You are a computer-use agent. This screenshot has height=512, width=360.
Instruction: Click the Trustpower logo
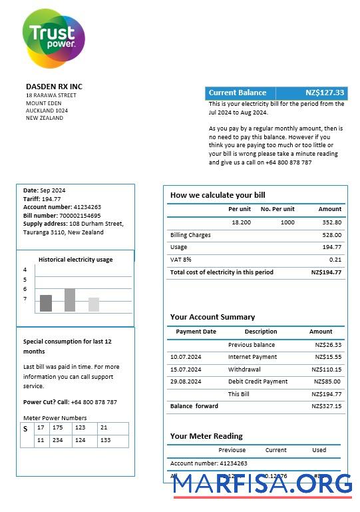[53, 37]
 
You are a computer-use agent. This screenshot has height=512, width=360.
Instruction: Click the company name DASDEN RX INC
[54, 87]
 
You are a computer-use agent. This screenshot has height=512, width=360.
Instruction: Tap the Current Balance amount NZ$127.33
[325, 93]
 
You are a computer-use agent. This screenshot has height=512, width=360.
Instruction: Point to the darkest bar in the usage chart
[46, 303]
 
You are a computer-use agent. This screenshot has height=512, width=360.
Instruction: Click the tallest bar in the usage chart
[70, 300]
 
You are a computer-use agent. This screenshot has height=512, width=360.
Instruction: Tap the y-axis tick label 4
[25, 270]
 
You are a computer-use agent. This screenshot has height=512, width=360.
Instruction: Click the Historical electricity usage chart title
[75, 260]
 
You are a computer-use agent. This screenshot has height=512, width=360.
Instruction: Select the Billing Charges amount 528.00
[331, 235]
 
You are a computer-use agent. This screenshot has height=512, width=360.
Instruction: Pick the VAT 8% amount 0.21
[335, 260]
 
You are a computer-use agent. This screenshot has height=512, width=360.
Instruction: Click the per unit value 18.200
[241, 222]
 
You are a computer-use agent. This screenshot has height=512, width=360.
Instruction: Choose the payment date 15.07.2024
[186, 370]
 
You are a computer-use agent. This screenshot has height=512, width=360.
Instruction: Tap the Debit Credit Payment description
[258, 382]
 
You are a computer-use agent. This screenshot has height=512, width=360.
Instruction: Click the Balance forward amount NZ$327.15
[328, 406]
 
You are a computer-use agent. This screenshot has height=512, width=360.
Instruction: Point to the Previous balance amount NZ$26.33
[328, 345]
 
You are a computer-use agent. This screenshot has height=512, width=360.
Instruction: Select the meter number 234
[58, 440]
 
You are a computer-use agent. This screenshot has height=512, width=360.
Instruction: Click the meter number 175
[58, 427]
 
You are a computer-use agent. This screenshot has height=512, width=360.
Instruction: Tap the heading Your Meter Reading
[206, 436]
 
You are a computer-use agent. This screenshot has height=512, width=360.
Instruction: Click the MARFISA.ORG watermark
[262, 485]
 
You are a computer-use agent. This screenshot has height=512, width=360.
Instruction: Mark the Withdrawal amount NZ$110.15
[328, 370]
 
